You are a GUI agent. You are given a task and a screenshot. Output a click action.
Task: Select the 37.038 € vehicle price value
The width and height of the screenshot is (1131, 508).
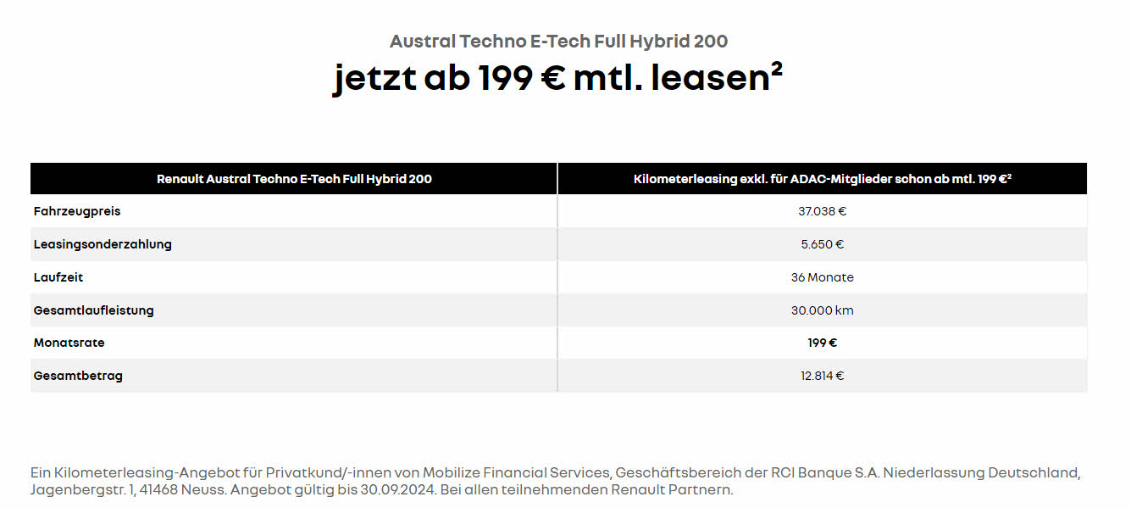pos(822,211)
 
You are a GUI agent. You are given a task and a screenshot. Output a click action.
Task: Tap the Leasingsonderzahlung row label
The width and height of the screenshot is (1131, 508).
pos(103,244)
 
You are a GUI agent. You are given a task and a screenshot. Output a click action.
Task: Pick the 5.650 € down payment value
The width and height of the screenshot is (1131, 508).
pos(822,244)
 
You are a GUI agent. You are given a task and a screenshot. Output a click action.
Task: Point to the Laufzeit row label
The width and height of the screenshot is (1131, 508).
pos(58,277)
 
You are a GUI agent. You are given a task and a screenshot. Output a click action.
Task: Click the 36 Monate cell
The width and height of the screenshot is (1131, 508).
pos(822,277)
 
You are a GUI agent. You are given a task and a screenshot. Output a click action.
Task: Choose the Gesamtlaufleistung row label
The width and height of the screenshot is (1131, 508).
pos(94,310)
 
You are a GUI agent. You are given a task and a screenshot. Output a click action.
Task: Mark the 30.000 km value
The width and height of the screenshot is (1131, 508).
pos(822,310)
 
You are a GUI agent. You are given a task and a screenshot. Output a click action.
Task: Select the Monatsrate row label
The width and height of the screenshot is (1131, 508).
pos(69,343)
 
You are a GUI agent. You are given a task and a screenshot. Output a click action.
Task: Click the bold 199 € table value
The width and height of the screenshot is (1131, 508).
pos(822,343)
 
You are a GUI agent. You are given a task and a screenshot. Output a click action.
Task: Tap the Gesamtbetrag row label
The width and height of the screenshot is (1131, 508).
pos(78,376)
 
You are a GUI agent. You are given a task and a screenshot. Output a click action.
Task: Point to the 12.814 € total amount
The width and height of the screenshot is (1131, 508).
pos(822,376)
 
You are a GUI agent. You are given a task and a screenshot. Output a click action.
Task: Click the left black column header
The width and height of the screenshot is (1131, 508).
pos(294,179)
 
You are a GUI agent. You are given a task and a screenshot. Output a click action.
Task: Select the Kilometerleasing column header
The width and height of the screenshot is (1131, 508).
pos(822,179)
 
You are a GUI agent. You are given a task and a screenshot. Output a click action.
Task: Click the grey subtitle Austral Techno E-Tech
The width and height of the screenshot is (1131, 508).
pos(558,41)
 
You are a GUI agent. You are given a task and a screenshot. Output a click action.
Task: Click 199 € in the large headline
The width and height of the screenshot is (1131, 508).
pos(519,78)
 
